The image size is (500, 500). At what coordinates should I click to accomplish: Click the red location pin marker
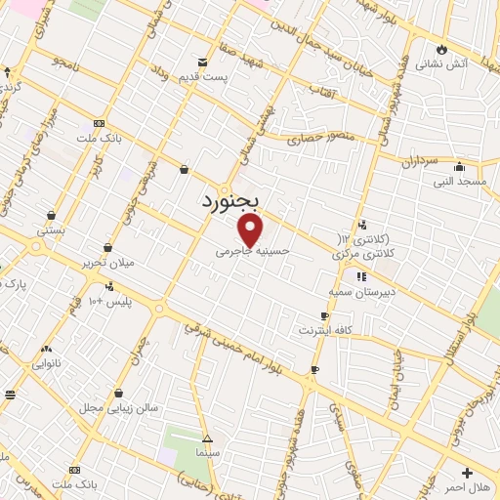(x=251, y=230)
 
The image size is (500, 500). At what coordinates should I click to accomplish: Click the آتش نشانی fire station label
(x=442, y=64)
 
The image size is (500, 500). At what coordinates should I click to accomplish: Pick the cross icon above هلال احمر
(x=466, y=472)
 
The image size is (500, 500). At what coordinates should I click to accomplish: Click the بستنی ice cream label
(x=50, y=231)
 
